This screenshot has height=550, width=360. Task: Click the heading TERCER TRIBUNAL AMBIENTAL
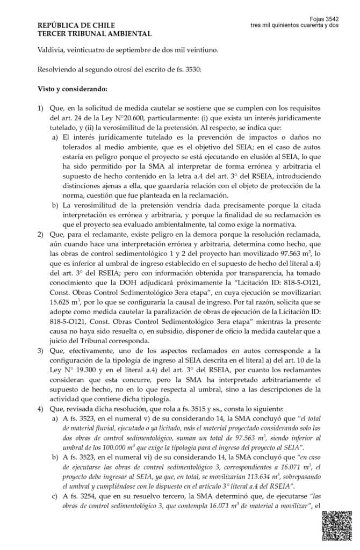tap(94, 33)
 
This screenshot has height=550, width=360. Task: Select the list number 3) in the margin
tap(40, 350)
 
